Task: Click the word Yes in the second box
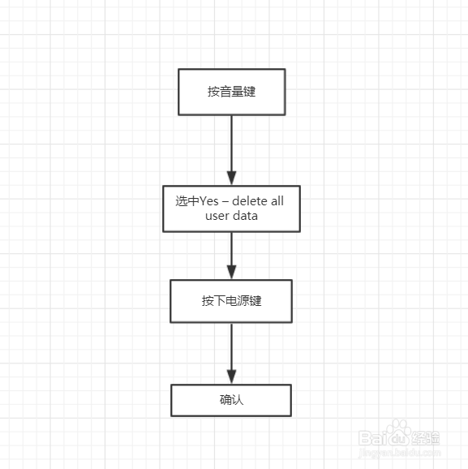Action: [208, 201]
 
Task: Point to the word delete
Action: [250, 201]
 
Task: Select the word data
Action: [246, 216]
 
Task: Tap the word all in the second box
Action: [277, 201]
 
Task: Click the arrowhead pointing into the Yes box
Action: [231, 179]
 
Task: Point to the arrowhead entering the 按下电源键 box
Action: [231, 272]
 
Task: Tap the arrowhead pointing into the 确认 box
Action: [231, 376]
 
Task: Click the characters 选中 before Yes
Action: [187, 201]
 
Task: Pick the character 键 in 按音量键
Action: [250, 92]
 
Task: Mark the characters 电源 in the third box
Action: [238, 301]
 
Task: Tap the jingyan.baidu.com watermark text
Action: [400, 453]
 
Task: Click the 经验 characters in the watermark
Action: [426, 438]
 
